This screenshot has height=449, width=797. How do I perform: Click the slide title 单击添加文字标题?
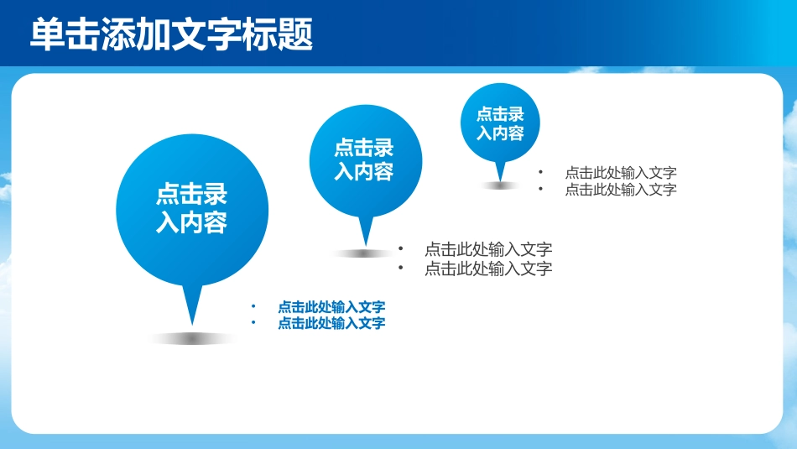point(171,34)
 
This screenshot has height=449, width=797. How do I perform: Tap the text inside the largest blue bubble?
point(191,208)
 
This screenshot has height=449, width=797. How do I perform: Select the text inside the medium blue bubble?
point(364,159)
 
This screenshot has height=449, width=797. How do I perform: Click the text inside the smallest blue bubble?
point(500,123)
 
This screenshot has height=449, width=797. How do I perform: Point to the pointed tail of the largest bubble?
point(192,304)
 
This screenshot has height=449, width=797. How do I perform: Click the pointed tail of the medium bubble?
point(366,231)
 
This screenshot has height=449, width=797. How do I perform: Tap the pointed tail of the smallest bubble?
point(501,171)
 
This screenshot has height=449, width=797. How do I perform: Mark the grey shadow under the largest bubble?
point(192,339)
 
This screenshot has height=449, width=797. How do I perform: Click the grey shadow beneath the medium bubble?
point(363,253)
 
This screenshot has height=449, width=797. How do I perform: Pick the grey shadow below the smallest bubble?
point(501,185)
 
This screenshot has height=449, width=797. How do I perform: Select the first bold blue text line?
point(331,306)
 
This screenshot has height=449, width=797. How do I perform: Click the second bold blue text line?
point(331,323)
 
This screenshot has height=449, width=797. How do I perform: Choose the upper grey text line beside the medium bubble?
point(488,249)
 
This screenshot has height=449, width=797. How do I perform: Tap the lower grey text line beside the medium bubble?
point(488,269)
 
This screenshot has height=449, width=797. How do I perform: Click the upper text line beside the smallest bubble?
point(621,173)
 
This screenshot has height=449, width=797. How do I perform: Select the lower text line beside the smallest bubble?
point(621,190)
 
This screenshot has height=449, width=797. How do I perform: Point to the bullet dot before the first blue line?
point(253,306)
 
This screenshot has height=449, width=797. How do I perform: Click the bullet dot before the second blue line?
point(253,322)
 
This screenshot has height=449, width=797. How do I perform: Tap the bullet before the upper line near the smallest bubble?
point(540,172)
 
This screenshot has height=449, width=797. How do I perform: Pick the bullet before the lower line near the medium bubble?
point(400,268)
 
